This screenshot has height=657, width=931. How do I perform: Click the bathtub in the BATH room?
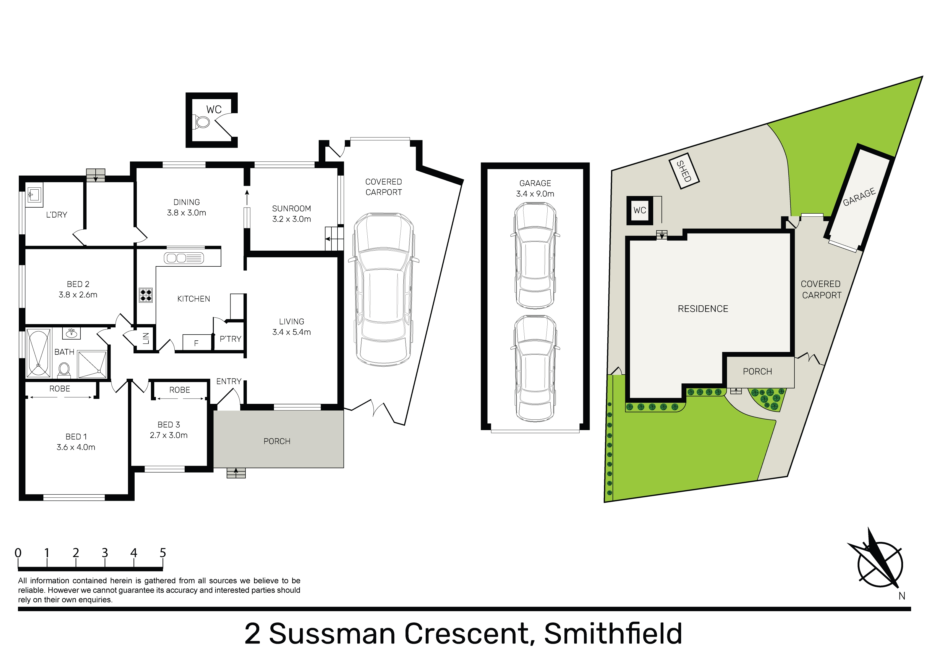coord(38,353)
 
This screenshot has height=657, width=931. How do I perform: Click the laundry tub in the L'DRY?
coord(34,195)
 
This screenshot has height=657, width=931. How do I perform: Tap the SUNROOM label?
coord(292,209)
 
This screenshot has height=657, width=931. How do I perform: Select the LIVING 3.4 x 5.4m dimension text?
coord(292,332)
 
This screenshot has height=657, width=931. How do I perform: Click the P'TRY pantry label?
coord(230,339)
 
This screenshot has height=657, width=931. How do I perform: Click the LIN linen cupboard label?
coord(146,338)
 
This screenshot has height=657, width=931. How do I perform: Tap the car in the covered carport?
coord(384,289)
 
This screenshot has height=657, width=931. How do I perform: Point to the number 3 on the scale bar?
coord(104,553)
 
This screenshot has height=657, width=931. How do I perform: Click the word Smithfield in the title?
coord(613,634)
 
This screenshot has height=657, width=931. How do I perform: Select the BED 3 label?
coord(169,425)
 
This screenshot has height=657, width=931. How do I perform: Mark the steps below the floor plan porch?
coord(236,473)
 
